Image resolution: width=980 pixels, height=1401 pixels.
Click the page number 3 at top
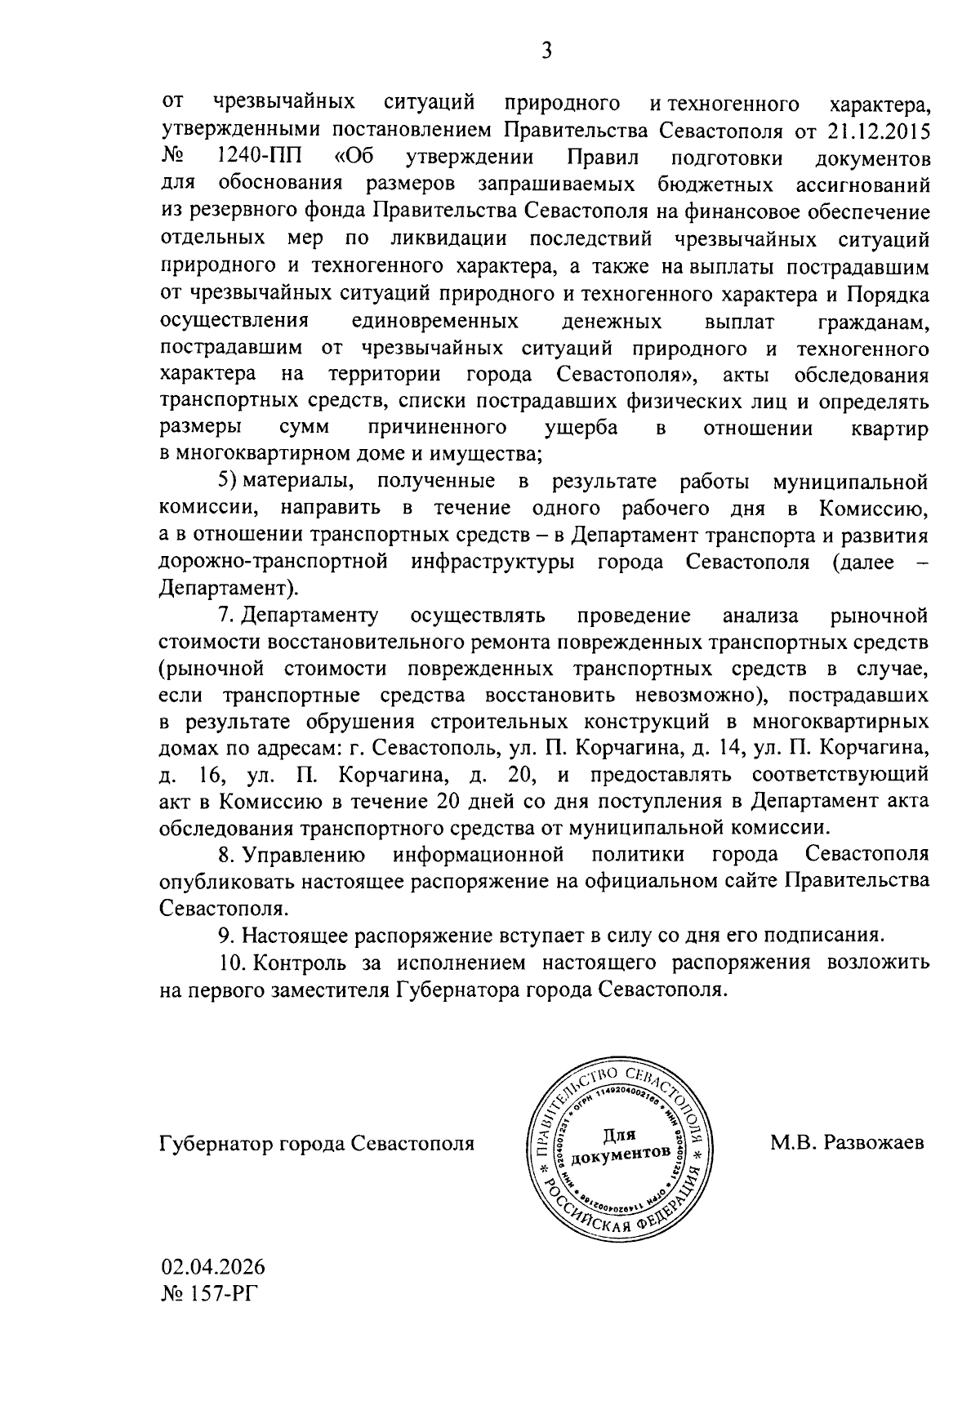click(x=546, y=51)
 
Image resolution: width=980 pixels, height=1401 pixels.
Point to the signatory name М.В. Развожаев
click(x=847, y=1143)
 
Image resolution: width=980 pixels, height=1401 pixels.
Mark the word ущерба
click(x=581, y=429)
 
